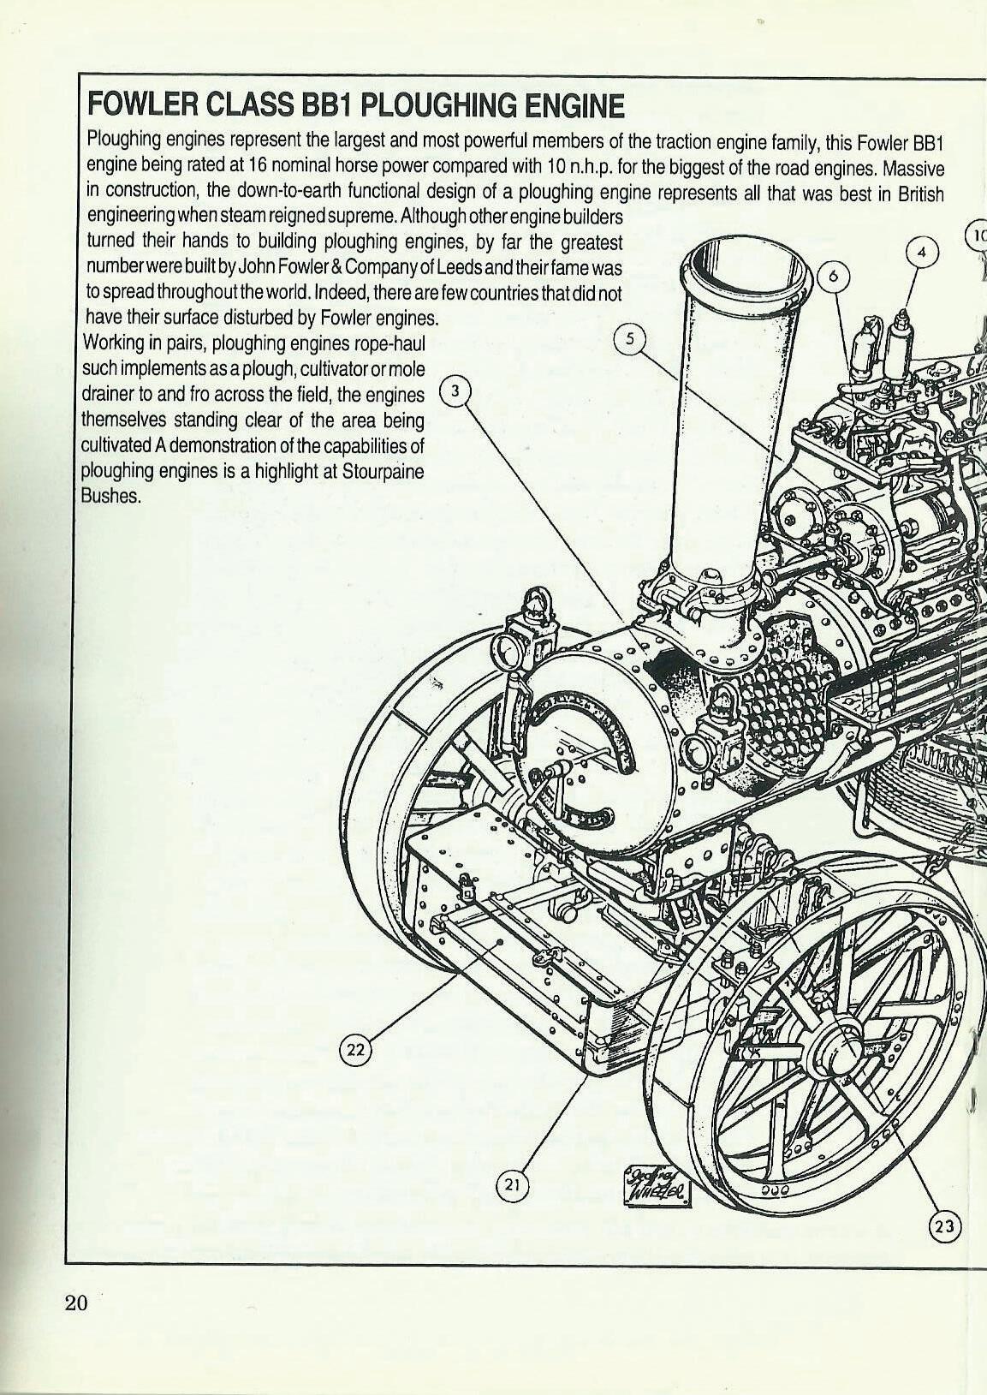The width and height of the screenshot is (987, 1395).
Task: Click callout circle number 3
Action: [455, 391]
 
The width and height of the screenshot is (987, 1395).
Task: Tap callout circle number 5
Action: [631, 338]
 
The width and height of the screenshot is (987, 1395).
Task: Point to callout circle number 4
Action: [922, 253]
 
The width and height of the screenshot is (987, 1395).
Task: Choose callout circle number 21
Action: [513, 1184]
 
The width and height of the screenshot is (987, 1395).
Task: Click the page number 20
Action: [75, 1303]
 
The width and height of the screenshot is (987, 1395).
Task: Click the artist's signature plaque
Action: [657, 1183]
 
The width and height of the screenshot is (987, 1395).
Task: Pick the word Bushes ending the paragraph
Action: [110, 496]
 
